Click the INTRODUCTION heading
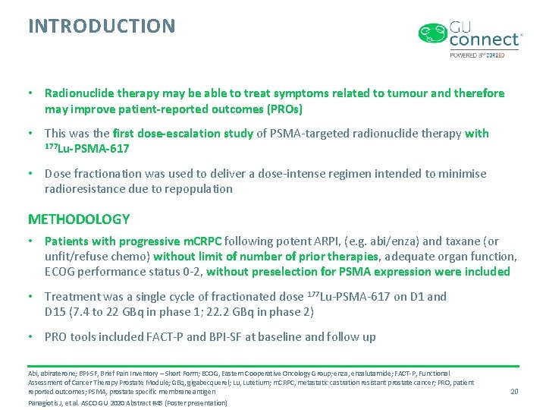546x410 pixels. [102, 27]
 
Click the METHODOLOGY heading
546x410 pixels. [79, 219]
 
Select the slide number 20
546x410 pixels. [514, 391]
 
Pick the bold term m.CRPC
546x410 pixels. [199, 242]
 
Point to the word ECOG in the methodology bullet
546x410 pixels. [61, 272]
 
